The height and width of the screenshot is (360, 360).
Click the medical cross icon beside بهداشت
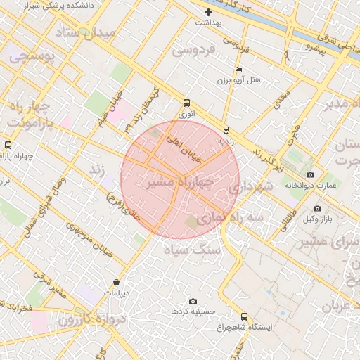click(x=208, y=13)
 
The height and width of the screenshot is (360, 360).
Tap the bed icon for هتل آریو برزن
click(x=238, y=70)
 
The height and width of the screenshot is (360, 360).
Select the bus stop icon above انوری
click(x=186, y=103)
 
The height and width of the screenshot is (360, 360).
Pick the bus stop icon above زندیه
click(x=225, y=130)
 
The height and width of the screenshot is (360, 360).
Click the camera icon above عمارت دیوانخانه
click(x=310, y=174)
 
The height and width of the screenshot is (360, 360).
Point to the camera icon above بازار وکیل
click(x=317, y=209)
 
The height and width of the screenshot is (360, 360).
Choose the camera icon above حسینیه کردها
click(x=193, y=301)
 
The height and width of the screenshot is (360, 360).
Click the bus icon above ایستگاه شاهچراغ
click(x=244, y=316)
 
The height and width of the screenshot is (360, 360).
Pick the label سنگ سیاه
click(x=192, y=250)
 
